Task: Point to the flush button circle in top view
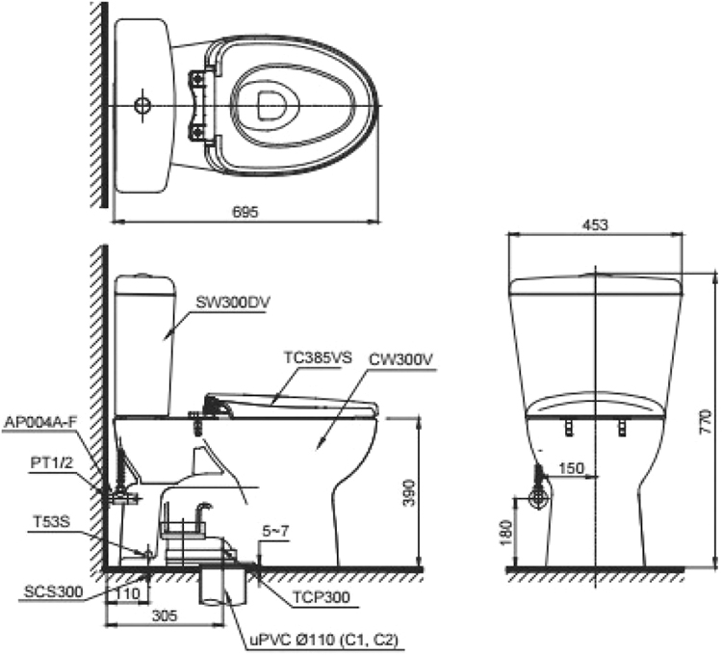coord(142,103)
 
